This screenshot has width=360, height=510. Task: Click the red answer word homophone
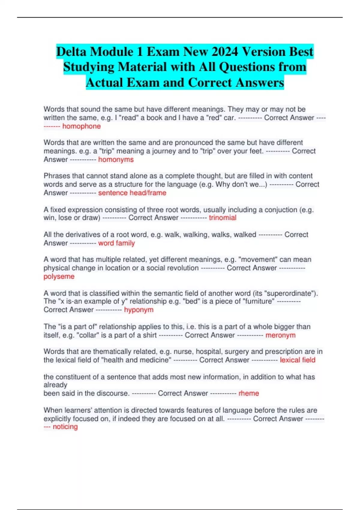coord(81,126)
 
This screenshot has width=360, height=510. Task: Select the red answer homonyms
coord(116,160)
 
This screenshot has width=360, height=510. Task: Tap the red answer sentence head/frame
coord(132,193)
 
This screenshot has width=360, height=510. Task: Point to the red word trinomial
coord(222,218)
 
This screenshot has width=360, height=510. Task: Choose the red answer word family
coord(116,243)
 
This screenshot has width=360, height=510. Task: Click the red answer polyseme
coord(59,276)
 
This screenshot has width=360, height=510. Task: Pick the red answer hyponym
coord(139,310)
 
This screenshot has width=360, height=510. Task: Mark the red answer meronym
coord(280,335)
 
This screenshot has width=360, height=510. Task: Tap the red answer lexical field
coord(297,360)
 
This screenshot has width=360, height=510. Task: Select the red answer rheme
coord(248,393)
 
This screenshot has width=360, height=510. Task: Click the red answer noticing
coord(65,427)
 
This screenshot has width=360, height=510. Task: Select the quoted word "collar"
coord(88,335)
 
